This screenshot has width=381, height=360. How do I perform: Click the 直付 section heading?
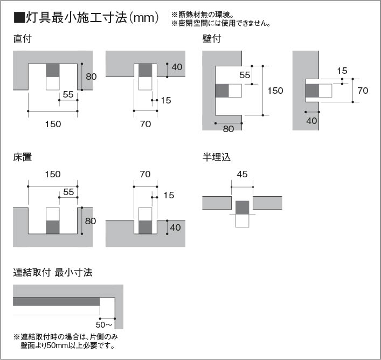click(22, 39)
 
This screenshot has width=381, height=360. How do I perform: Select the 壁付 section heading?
click(212, 39)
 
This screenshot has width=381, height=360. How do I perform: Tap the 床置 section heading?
click(22, 157)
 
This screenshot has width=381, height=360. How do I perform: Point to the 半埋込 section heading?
click(216, 157)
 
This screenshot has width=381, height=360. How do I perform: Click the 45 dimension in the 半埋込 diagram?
click(242, 174)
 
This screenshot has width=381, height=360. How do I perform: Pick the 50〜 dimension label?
click(104, 324)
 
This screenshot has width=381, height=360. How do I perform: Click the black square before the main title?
click(19, 17)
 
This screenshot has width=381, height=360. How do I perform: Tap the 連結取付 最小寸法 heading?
click(53, 272)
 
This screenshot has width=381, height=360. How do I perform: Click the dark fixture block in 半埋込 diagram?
click(243, 207)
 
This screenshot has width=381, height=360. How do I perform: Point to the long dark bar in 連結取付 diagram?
click(57, 302)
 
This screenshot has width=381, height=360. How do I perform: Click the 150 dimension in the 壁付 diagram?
click(275, 91)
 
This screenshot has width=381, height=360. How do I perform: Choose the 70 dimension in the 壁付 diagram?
click(363, 91)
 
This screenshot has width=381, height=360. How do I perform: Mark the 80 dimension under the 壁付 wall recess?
click(228, 129)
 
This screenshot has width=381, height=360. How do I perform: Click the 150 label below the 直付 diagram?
click(53, 124)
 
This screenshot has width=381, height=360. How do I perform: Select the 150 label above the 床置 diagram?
click(53, 174)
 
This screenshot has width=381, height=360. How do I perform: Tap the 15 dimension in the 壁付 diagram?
click(342, 71)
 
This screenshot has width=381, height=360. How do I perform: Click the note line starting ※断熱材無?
click(203, 15)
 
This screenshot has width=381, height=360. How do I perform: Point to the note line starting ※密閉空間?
click(221, 23)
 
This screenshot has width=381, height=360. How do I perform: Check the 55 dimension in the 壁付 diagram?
click(245, 75)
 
